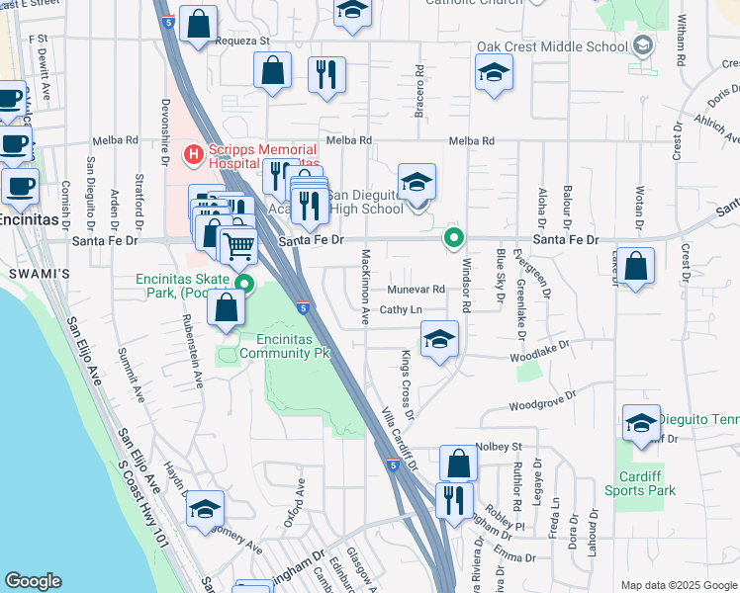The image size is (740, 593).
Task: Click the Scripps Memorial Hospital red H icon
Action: coord(194,154)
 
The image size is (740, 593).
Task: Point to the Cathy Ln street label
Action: coord(402,309)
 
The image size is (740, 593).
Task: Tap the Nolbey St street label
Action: coord(499,446)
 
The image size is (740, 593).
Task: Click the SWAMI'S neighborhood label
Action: coord(28,271)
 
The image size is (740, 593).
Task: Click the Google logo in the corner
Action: coord(33,581)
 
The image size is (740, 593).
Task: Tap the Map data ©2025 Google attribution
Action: coord(678,585)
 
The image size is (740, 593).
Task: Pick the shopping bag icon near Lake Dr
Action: coord(638,267)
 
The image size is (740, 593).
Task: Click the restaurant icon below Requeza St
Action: coord(326,75)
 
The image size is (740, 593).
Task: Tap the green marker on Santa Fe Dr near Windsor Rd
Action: coord(454,237)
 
